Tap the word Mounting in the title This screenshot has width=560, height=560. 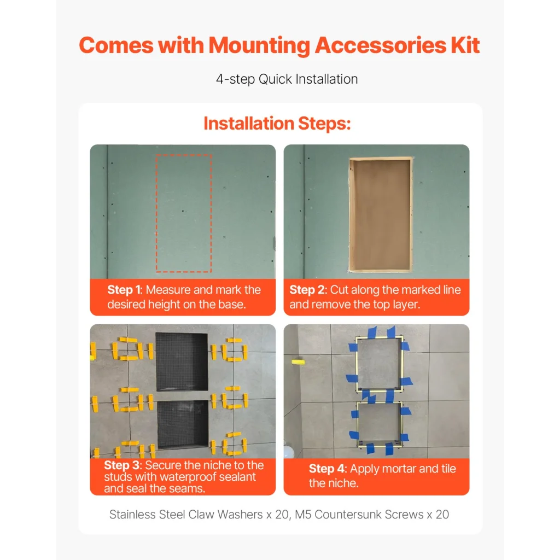pyautogui.click(x=259, y=46)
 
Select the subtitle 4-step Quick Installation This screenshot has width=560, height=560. pyautogui.click(x=287, y=79)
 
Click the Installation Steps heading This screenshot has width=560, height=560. pyautogui.click(x=277, y=124)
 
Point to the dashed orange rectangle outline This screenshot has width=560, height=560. pyautogui.click(x=156, y=213)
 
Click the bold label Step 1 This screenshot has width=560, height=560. pyautogui.click(x=124, y=290)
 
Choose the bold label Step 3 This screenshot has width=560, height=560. pyautogui.click(x=122, y=465)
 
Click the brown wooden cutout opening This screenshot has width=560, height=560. pyautogui.click(x=381, y=214)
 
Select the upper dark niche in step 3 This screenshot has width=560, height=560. pyautogui.click(x=182, y=361)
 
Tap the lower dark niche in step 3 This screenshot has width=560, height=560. pyautogui.click(x=183, y=424)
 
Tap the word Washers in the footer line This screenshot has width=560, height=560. pyautogui.click(x=240, y=514)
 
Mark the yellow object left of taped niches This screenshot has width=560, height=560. pyautogui.click(x=298, y=362)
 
